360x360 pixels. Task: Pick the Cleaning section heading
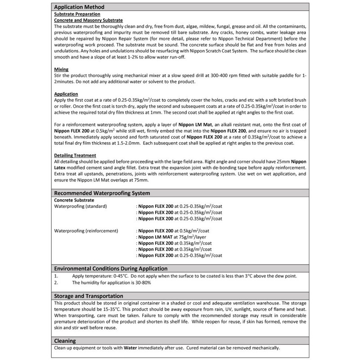click(x=65, y=341)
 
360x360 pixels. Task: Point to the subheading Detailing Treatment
click(x=75, y=155)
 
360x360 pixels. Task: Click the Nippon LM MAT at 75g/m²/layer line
click(x=171, y=237)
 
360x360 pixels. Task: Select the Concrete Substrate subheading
click(x=74, y=199)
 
